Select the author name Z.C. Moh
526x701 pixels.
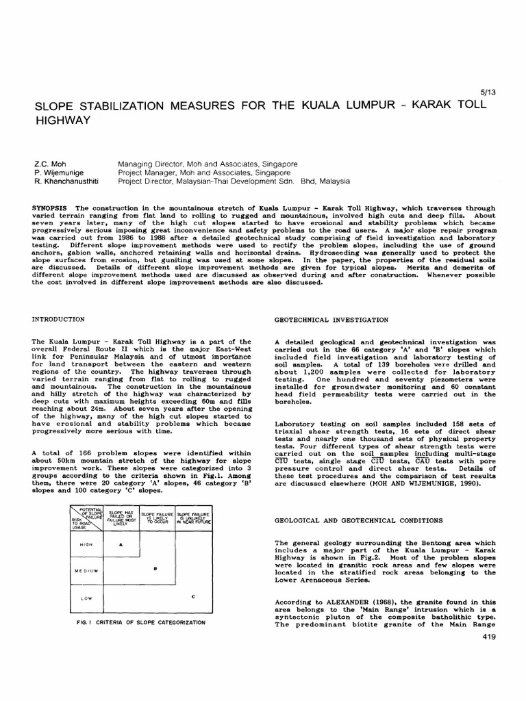49,164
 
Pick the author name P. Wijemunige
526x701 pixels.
57,173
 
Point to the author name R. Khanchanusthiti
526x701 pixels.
68,182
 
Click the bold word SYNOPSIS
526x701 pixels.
52,207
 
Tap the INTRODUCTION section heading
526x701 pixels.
59,319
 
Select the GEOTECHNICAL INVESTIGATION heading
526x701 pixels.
331,320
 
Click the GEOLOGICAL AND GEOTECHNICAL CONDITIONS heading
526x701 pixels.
359,521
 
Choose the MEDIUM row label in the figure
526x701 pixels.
86,570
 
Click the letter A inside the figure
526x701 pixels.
121,544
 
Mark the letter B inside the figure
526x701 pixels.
157,567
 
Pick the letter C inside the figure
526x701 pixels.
194,596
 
